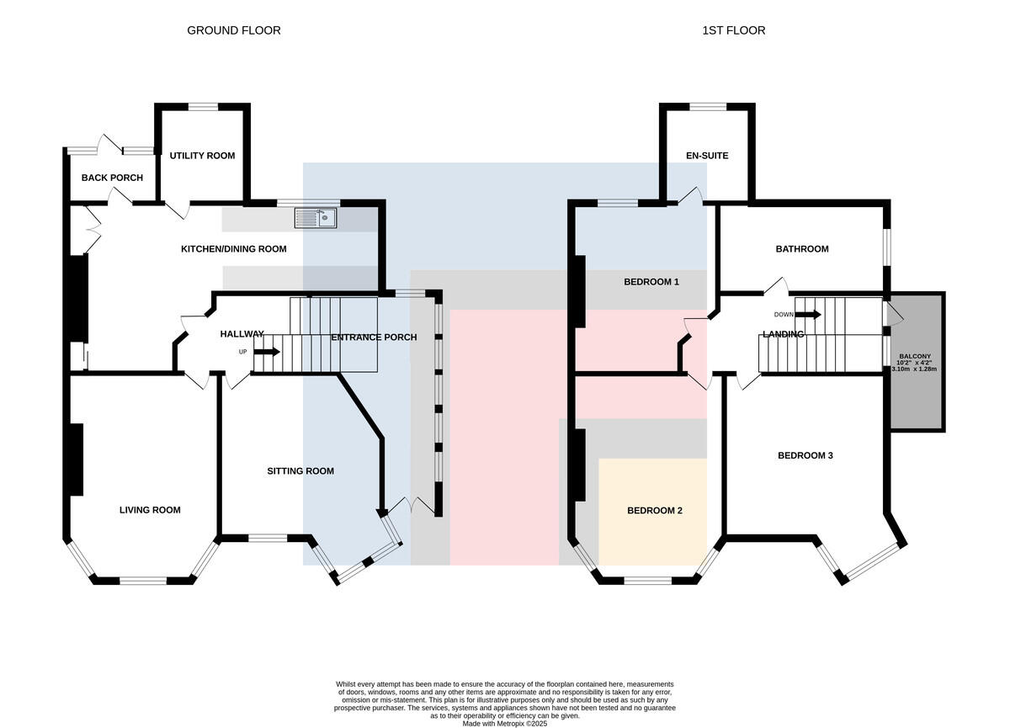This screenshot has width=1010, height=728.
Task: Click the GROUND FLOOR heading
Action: tap(234, 30)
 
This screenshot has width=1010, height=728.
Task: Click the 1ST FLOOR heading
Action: tap(734, 30)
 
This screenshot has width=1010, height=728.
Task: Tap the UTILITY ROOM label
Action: tap(202, 156)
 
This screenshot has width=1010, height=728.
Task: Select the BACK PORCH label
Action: tap(112, 178)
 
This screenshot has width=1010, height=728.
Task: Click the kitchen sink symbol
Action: tap(316, 219)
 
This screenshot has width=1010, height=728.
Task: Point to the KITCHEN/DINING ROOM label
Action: tap(234, 249)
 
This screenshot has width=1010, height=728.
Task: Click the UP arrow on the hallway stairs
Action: tap(267, 352)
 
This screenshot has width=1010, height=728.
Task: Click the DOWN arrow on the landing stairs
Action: tap(808, 315)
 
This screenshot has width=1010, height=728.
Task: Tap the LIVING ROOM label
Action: tap(150, 510)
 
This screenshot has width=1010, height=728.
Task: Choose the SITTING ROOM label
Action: tap(300, 471)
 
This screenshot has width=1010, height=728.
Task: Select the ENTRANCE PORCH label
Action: tap(374, 337)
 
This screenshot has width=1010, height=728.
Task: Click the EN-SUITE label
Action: tap(707, 156)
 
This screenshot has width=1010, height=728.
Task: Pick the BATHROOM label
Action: tap(802, 249)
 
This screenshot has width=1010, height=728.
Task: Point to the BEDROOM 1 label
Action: tap(651, 282)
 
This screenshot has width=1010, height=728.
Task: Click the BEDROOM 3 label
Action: tap(805, 456)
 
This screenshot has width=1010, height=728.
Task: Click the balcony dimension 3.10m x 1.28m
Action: tap(914, 369)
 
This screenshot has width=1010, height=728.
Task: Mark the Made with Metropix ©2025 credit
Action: tap(505, 723)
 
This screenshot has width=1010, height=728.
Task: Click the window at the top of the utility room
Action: tap(203, 106)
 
